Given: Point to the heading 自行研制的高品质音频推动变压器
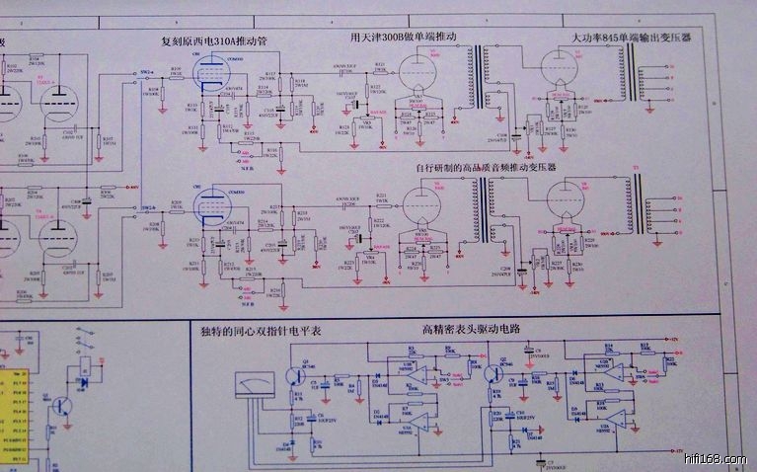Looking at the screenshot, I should coord(487,169).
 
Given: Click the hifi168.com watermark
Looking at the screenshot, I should coord(715,459).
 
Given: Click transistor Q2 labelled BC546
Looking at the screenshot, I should coord(491,372).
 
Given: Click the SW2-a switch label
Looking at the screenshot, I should coord(146,73).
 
